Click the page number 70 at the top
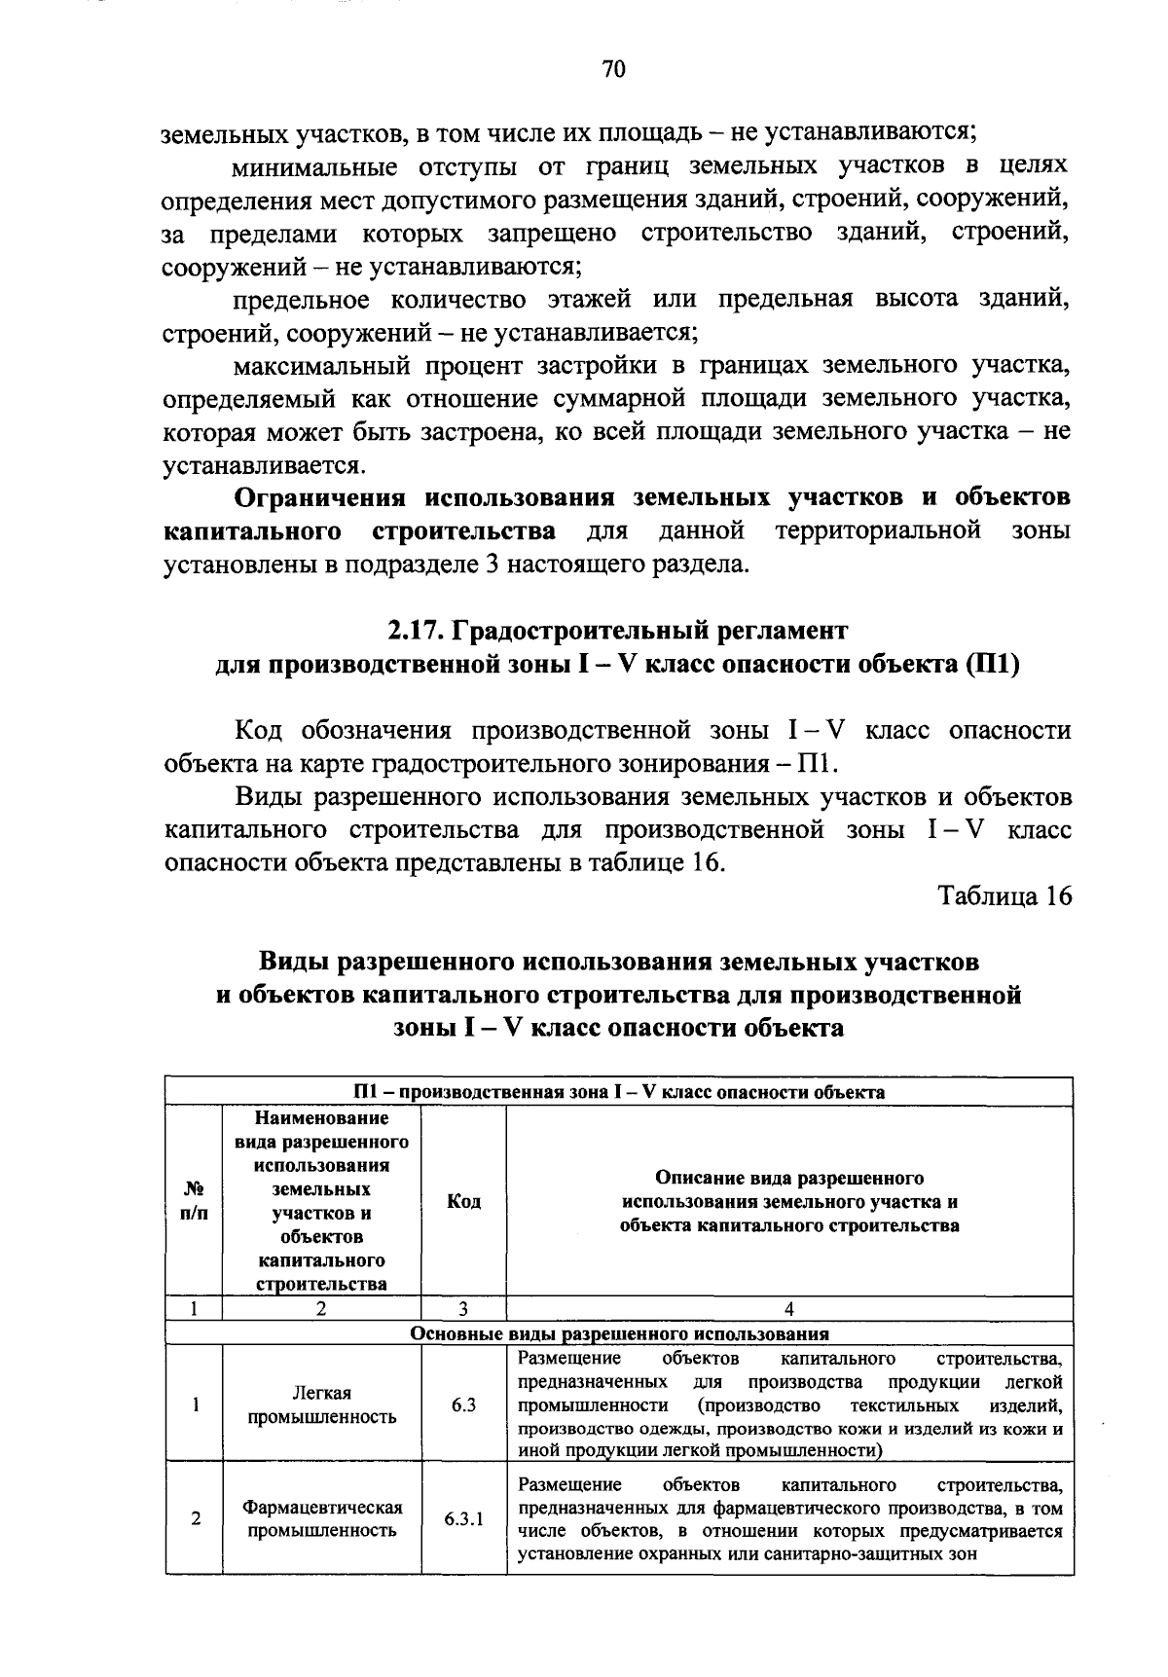click(x=613, y=70)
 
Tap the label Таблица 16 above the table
click(x=1004, y=895)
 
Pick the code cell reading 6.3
click(x=463, y=1404)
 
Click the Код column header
click(x=463, y=1201)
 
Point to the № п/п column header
click(x=194, y=1201)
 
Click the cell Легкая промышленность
click(x=321, y=1404)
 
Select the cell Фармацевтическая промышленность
click(x=321, y=1518)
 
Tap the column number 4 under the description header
click(x=788, y=1309)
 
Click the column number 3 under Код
click(x=463, y=1309)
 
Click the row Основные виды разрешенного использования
click(x=619, y=1333)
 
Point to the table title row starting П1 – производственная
click(x=619, y=1091)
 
